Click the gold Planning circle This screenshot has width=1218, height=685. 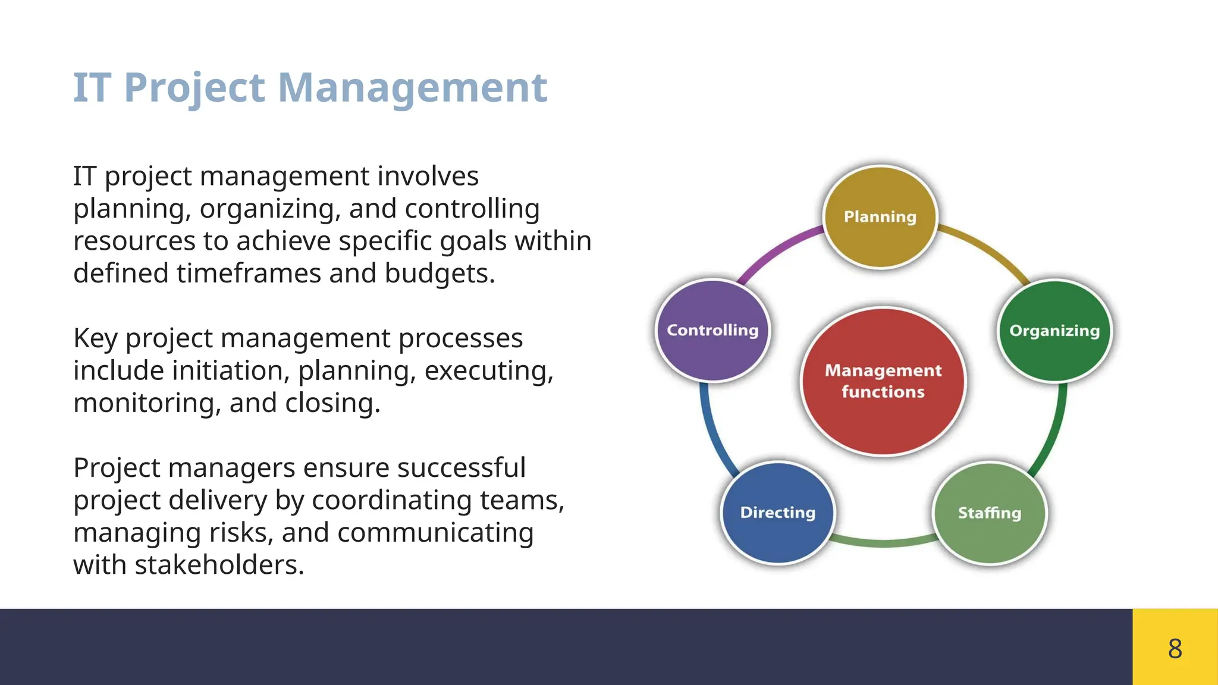880,217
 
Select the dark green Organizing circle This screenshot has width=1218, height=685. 1054,331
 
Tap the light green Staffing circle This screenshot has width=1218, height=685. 990,513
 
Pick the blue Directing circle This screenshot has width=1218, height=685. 778,513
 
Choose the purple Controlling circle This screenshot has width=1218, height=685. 712,331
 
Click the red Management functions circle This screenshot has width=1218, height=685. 883,381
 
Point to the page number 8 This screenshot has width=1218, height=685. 1175,648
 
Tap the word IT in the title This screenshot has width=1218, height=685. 92,87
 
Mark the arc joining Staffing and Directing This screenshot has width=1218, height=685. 884,542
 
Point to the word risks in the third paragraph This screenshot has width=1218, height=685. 240,533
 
